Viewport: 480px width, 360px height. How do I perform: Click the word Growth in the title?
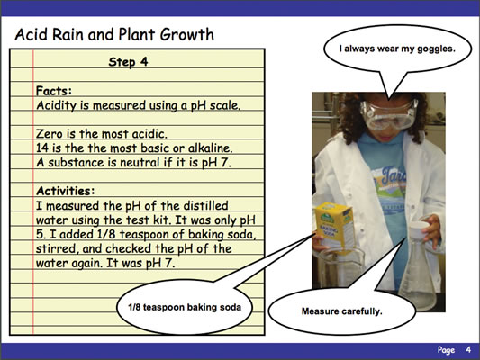coord(187,34)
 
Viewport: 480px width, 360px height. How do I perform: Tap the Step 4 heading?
coord(128,62)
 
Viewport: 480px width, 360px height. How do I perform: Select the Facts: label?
coord(54,91)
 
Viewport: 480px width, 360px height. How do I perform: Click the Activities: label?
coord(66,191)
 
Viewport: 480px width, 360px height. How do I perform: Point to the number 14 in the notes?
coord(42,148)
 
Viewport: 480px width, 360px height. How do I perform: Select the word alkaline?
coord(211,148)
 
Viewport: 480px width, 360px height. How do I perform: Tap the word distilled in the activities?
coord(205,205)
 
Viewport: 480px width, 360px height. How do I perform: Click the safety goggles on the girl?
coord(388,114)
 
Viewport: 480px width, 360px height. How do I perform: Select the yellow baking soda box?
coord(335,226)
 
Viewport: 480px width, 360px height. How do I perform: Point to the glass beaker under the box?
coord(340,267)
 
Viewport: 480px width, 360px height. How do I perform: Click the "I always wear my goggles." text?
coord(397,49)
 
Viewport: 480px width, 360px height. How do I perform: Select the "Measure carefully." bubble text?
coord(342,311)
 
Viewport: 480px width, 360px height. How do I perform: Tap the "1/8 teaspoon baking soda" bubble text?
coord(185,307)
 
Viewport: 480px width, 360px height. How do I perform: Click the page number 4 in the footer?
coord(468,349)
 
